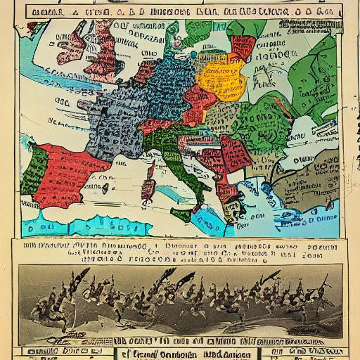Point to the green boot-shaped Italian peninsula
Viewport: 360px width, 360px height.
pyautogui.click(x=179, y=169)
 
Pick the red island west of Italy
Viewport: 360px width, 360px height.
pyautogui.click(x=148, y=187)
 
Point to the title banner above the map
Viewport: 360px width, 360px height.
pyautogui.click(x=180, y=11)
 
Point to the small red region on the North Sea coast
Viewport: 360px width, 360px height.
pyautogui.click(x=146, y=70)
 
